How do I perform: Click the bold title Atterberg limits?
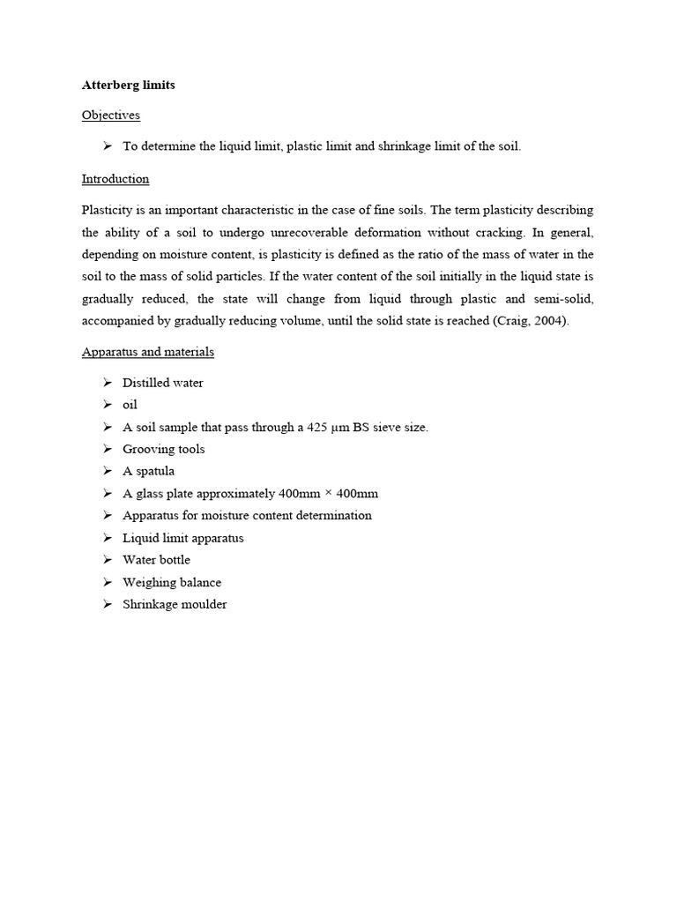coord(128,86)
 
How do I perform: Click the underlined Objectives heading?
coord(110,115)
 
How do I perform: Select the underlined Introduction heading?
coord(115,179)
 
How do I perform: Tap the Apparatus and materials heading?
coord(147,352)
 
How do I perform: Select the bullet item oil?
coord(130,405)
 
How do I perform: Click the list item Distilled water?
coord(163,383)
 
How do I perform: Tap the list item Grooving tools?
coord(163,449)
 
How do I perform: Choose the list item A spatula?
coord(148,471)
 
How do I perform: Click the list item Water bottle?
coord(156,560)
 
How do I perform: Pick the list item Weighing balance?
coord(172,582)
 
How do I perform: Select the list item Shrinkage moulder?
coord(175,604)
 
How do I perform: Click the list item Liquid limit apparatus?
coord(182,538)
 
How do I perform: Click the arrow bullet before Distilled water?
coord(107,383)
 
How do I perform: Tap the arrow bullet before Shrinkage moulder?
coord(107,604)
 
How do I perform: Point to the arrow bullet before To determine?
coord(107,146)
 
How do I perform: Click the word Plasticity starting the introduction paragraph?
coord(107,210)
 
